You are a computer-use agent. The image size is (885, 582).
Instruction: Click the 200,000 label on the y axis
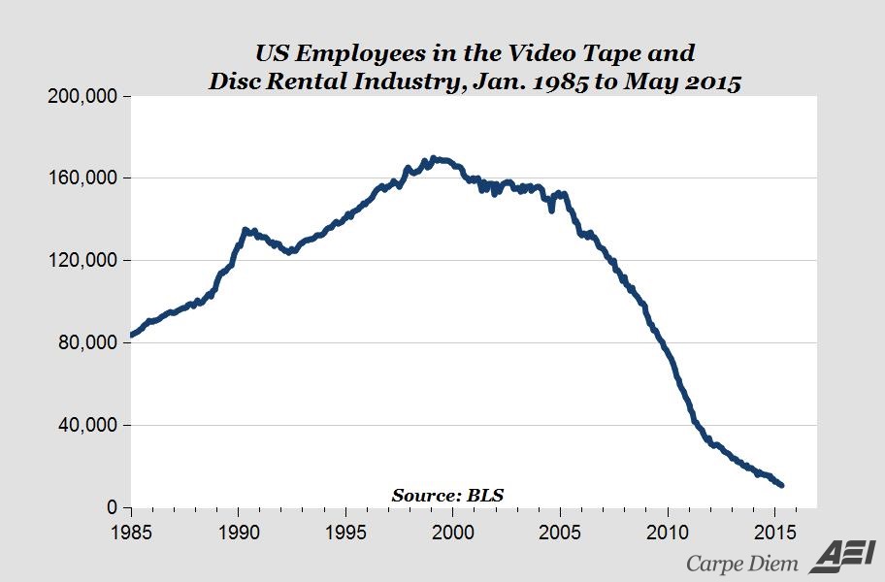tap(83, 97)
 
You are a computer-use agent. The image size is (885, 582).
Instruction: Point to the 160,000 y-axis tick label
tap(83, 178)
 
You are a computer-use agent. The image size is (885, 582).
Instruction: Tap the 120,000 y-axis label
tap(83, 261)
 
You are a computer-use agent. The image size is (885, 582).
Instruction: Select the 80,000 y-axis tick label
tap(88, 343)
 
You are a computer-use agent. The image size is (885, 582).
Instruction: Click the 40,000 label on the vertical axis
tap(88, 425)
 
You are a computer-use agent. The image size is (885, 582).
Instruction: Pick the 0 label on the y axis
tap(113, 507)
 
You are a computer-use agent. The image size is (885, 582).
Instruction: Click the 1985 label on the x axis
tap(130, 532)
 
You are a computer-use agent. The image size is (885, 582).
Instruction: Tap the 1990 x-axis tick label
tap(238, 532)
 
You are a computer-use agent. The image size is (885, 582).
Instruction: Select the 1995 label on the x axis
tap(344, 532)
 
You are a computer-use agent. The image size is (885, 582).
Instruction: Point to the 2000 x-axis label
tap(452, 532)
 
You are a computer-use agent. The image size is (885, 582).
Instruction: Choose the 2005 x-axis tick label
tap(560, 532)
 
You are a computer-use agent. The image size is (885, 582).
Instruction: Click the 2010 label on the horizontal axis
tap(668, 532)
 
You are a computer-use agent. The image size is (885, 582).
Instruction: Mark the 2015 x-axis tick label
tap(774, 532)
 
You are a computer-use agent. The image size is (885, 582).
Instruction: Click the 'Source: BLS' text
tap(447, 495)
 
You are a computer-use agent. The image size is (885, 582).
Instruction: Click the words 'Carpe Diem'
tap(742, 563)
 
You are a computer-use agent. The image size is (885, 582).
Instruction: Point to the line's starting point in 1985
tap(131, 336)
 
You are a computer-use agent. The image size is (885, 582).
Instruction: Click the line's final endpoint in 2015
tap(782, 485)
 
